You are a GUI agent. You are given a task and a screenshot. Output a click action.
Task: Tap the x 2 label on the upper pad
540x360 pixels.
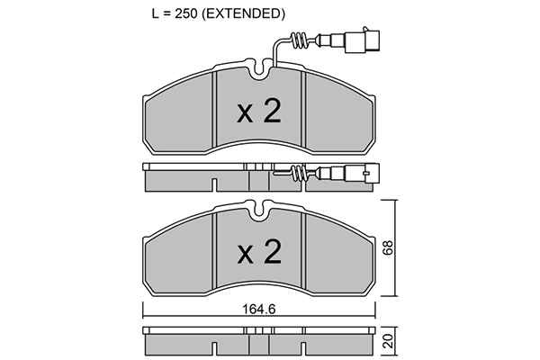pyautogui.click(x=259, y=112)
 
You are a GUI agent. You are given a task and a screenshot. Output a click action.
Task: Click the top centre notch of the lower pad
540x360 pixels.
pyautogui.click(x=260, y=211)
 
